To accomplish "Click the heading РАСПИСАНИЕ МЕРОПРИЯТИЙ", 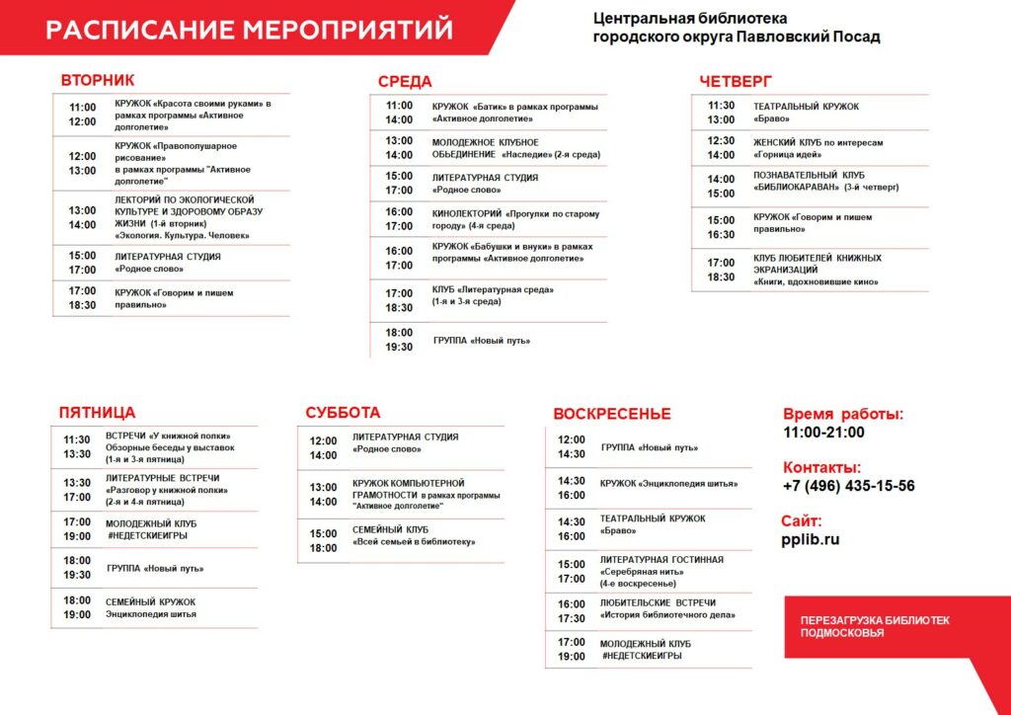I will pos(249,30).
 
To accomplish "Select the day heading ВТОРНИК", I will pos(98,80).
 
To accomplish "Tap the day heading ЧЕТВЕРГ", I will pos(736,81).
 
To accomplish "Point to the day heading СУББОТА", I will pos(343,413).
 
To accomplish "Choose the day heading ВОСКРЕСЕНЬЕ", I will pos(611,414).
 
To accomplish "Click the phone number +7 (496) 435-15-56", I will pos(848,486).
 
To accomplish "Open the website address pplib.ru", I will pos(810,539).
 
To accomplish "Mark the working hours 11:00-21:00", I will pos(823,432).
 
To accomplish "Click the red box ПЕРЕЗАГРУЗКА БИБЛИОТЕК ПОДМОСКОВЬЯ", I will pos(875,626).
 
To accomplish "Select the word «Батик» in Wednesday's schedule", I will pos(487,107).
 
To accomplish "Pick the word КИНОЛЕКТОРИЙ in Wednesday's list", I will pos(467,213).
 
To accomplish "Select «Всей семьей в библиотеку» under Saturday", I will pos(414,541).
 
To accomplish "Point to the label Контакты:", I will pos(821,467).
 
